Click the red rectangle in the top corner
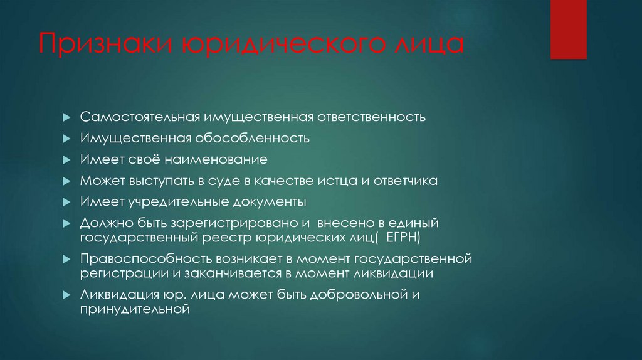[x=568, y=29]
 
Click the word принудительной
[x=134, y=309]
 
